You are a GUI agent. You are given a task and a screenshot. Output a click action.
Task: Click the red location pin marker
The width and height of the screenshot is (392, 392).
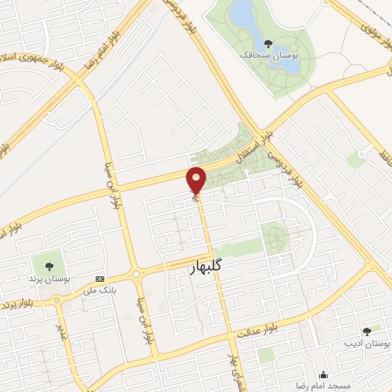(197, 180)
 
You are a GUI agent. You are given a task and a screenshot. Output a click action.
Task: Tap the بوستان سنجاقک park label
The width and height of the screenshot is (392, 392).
(268, 56)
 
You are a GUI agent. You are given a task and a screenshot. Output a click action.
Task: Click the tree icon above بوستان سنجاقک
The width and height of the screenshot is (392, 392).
(267, 44)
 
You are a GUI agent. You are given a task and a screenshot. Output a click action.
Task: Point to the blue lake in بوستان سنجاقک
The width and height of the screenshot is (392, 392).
(244, 13)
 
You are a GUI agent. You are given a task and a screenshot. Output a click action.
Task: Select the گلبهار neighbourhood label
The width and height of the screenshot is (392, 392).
(207, 268)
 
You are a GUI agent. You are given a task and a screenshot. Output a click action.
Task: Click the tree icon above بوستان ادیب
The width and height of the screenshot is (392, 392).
(366, 331)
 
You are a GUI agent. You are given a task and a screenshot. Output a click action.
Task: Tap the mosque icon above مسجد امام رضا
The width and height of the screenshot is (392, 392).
(324, 375)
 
